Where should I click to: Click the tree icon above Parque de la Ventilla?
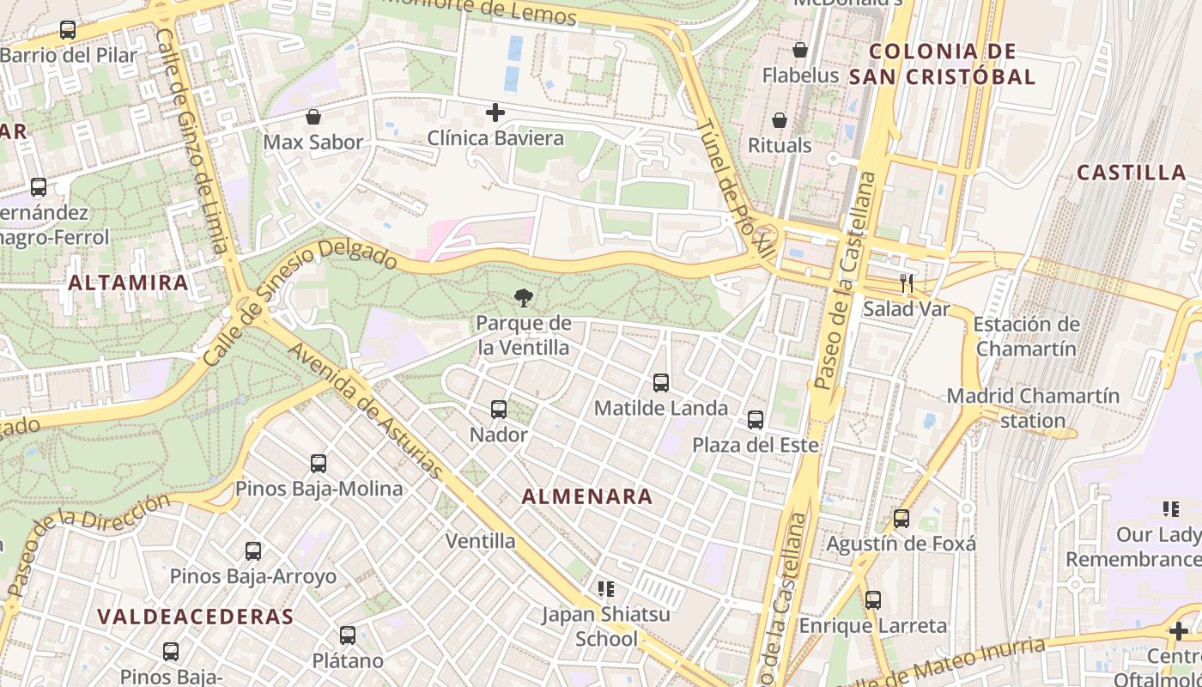click(522, 298)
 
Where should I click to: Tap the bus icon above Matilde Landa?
click(660, 383)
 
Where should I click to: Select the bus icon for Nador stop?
click(499, 410)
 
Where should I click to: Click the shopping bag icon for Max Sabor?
click(313, 117)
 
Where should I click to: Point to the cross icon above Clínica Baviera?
click(495, 112)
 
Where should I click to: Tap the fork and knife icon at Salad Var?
click(906, 283)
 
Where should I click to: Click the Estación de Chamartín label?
click(1025, 337)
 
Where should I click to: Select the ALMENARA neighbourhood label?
click(587, 496)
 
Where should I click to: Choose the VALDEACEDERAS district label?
click(195, 617)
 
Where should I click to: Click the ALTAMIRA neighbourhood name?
click(128, 282)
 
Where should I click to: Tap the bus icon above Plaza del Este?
click(756, 420)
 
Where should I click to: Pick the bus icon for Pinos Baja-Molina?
click(319, 464)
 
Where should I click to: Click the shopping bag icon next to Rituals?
click(780, 120)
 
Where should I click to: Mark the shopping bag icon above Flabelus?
click(800, 50)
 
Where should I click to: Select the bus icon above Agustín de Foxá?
click(901, 519)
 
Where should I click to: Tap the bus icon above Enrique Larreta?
click(873, 600)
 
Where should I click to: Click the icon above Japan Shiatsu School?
click(606, 589)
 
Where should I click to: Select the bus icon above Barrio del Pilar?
click(68, 30)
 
